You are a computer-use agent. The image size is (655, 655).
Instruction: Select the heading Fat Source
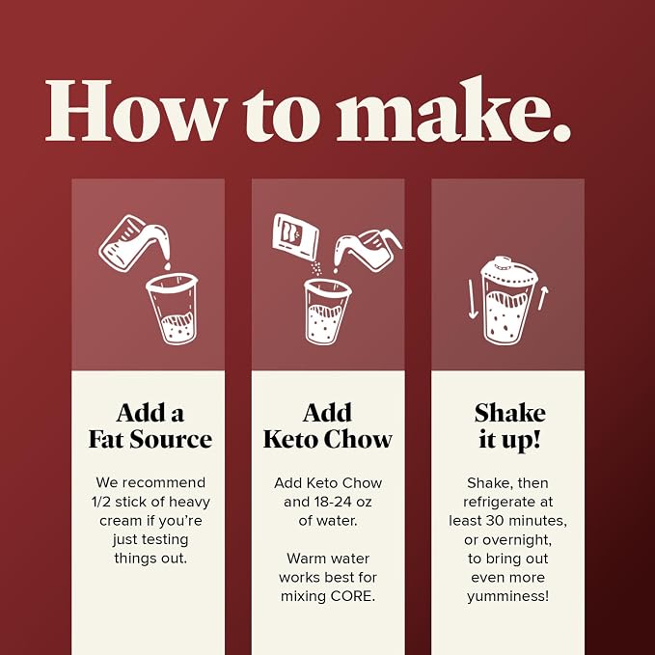(150, 440)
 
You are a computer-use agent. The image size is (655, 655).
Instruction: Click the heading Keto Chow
(328, 440)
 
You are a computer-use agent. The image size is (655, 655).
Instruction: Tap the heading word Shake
(509, 413)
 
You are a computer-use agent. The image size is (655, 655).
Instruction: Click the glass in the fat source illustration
(172, 309)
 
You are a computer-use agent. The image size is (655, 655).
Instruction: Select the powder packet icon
(295, 236)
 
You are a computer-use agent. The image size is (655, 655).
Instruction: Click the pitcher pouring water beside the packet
(368, 250)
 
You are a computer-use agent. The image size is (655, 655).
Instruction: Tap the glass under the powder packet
(328, 312)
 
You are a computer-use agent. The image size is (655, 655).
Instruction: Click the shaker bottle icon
(508, 301)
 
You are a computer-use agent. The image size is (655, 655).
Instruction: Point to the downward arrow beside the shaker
(473, 299)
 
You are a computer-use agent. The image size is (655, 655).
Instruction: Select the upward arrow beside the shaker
(543, 298)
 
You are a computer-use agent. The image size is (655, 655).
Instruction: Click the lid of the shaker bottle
(509, 269)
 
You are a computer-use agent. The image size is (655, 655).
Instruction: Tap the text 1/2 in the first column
(100, 502)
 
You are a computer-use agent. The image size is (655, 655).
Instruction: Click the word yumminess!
(508, 596)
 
